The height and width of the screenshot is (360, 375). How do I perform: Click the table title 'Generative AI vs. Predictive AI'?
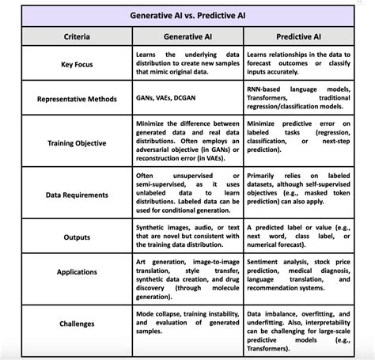187,15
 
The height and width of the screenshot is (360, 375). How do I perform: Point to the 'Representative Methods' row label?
77,100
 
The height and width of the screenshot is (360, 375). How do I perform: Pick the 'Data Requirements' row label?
77,193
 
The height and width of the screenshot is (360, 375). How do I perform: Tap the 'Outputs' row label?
77,237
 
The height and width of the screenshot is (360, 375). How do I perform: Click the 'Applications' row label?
77,271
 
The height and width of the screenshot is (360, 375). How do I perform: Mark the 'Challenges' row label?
77,324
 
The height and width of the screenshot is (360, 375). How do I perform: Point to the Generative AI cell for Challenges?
187,324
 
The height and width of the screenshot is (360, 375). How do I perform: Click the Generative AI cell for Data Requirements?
187,193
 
